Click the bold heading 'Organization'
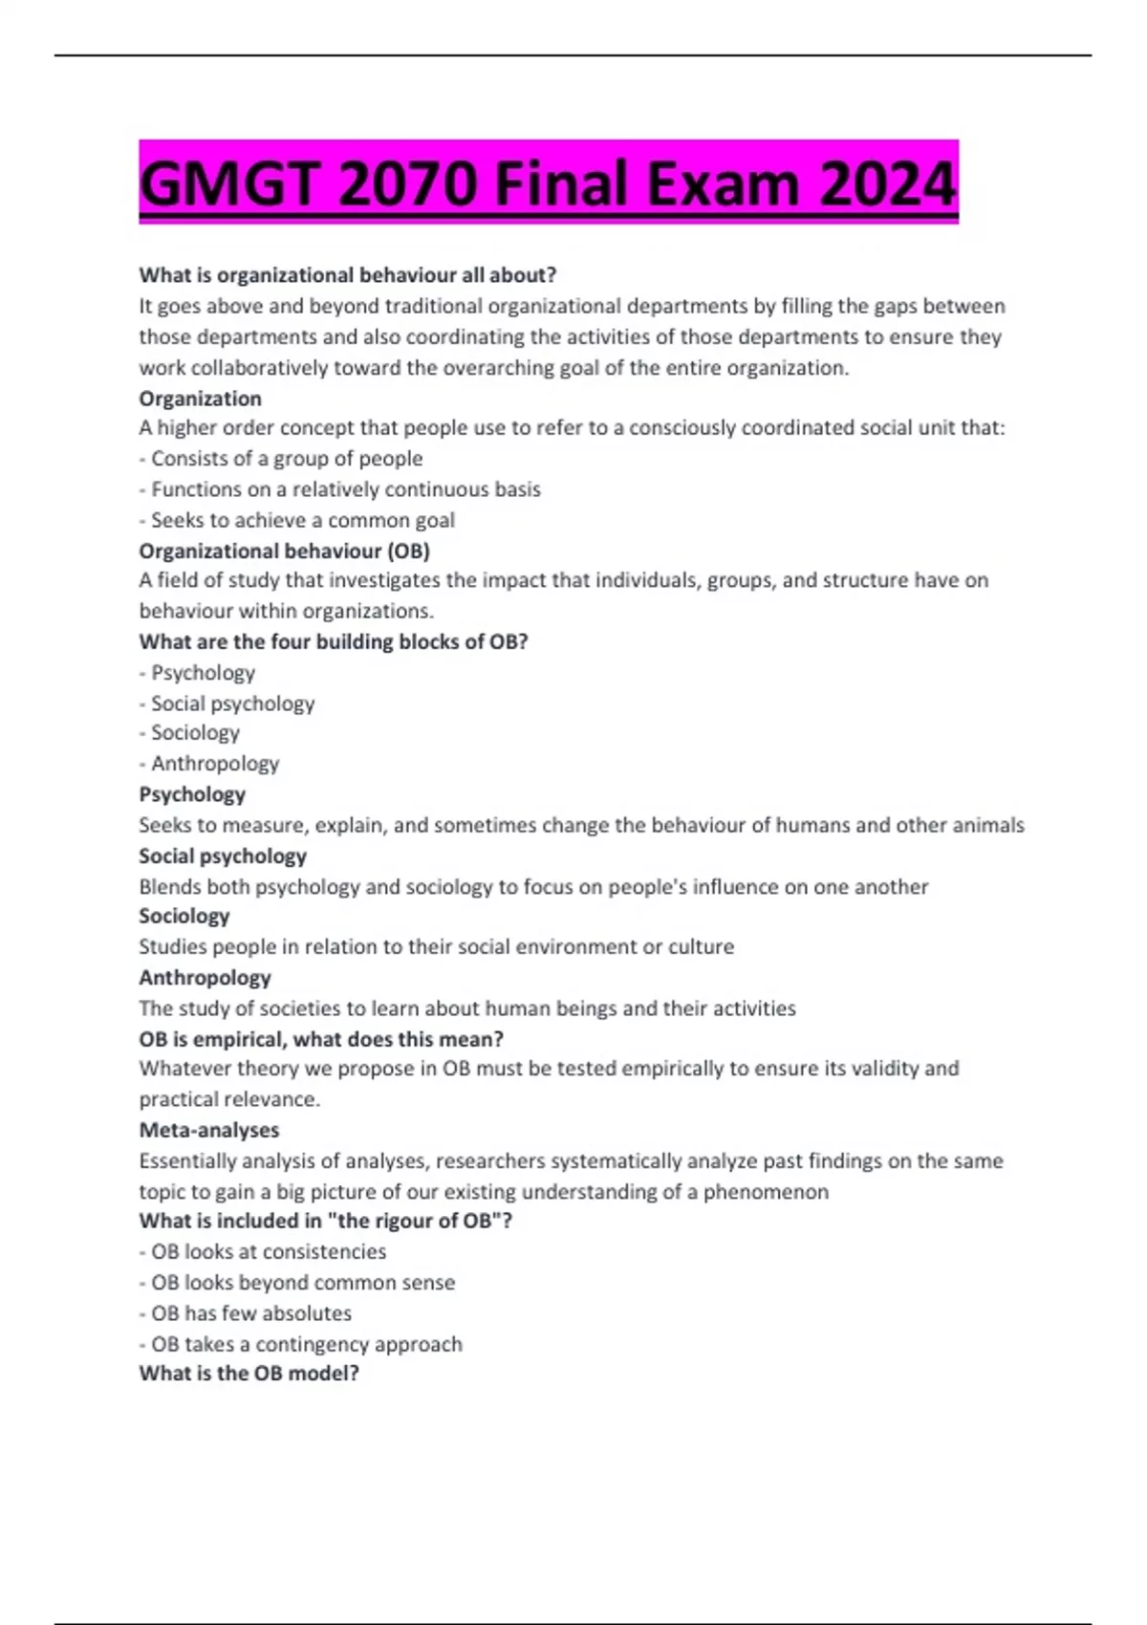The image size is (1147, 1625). (200, 399)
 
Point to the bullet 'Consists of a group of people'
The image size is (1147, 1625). (286, 459)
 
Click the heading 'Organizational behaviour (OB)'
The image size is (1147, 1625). (284, 551)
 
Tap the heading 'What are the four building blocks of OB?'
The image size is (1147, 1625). (333, 641)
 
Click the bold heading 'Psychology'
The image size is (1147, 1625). (192, 794)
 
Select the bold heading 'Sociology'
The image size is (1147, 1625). (184, 916)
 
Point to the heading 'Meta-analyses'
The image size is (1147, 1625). (209, 1130)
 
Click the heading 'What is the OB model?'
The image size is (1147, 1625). (249, 1374)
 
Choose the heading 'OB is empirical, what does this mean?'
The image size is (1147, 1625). (321, 1039)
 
